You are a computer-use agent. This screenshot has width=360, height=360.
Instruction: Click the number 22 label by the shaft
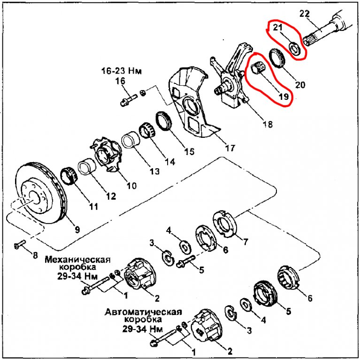tap(305, 14)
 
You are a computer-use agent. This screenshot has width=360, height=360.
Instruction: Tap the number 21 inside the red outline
tap(277, 27)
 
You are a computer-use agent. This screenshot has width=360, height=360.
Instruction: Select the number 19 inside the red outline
tap(283, 97)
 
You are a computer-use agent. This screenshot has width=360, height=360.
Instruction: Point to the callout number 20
tap(300, 85)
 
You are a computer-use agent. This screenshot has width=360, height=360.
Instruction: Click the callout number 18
tap(268, 124)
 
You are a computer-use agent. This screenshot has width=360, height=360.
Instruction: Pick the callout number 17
tap(230, 148)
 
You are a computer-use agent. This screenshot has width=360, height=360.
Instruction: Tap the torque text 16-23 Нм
tap(122, 71)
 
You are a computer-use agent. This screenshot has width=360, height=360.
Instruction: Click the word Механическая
tap(77, 260)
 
